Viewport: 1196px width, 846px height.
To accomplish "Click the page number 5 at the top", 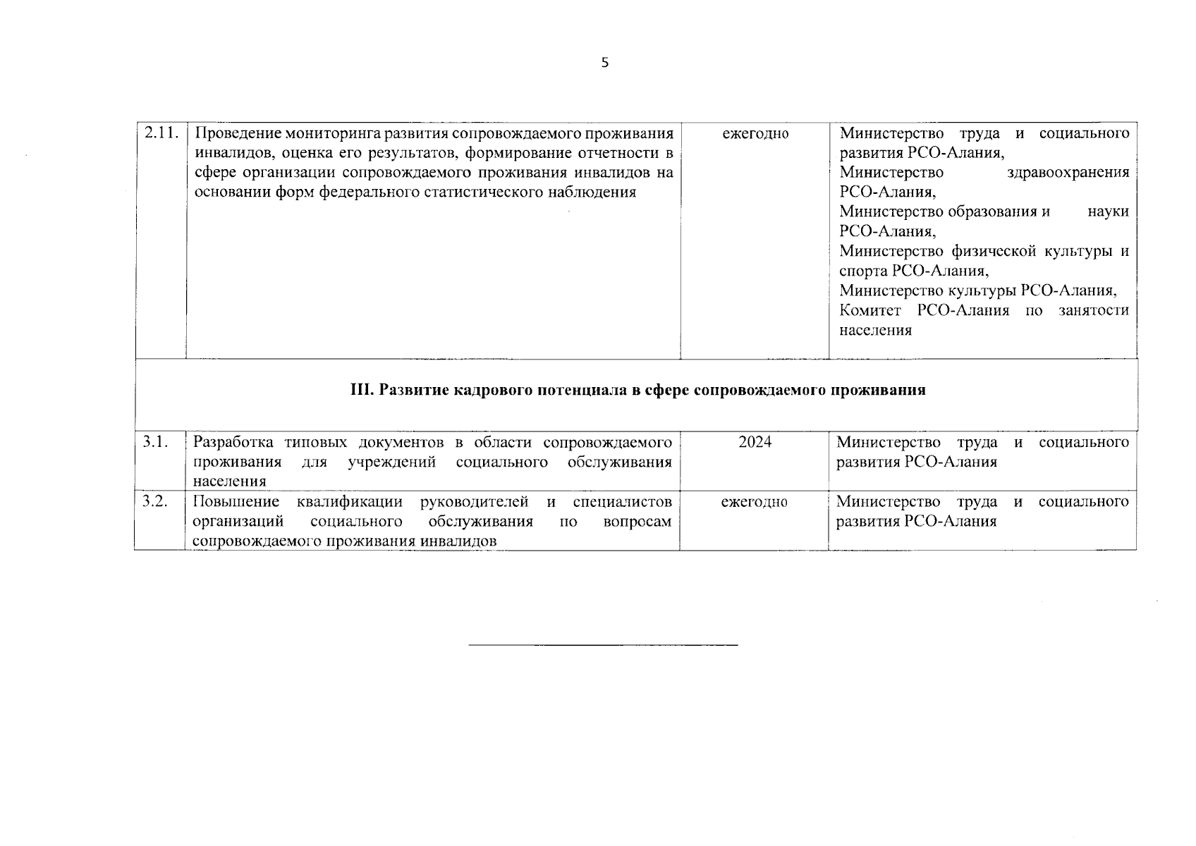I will [x=604, y=63].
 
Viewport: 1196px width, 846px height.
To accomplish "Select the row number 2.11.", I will [x=161, y=133].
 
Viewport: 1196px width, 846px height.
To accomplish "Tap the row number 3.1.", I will [x=155, y=442].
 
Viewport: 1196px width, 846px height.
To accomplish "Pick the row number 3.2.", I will [x=155, y=501].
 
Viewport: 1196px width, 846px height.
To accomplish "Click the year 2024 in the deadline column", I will [x=755, y=442].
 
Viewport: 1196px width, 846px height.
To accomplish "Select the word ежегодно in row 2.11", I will [x=755, y=133].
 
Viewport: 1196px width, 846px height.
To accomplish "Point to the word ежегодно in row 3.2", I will [x=754, y=502].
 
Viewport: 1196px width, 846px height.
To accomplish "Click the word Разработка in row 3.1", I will [x=233, y=442].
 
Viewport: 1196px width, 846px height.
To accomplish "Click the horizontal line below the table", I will [x=603, y=644].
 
